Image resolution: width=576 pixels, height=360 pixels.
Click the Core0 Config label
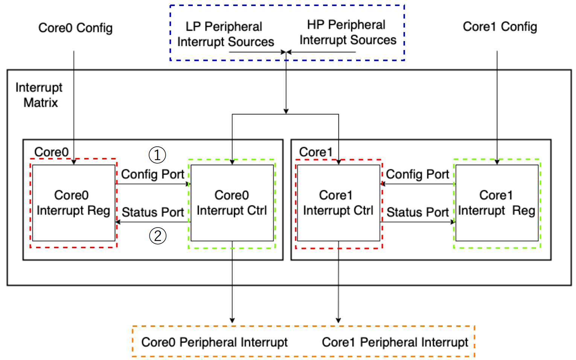pos(75,28)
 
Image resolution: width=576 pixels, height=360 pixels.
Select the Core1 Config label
pos(500,27)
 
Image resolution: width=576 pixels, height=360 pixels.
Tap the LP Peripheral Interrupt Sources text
pos(226,34)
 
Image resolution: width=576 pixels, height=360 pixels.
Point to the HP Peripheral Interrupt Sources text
pos(348,32)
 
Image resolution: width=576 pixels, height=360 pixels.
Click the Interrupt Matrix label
pos(39,95)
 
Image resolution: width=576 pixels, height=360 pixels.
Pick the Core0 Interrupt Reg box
pos(74,203)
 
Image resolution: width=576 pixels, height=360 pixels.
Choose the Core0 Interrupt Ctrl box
pos(232,203)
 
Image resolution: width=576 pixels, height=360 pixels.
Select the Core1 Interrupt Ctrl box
pos(339,203)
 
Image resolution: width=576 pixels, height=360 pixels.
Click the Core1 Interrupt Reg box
pos(497,203)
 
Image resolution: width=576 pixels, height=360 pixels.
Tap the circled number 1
pos(157,155)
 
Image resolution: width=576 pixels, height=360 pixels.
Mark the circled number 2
pos(158,236)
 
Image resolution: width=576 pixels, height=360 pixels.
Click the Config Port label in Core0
pos(153,175)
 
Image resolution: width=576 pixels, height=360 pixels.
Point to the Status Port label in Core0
pos(153,212)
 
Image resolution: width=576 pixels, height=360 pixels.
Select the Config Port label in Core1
pos(418,175)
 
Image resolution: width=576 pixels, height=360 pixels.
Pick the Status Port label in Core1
pos(418,212)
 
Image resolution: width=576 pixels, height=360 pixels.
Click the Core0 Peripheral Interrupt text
pos(215,342)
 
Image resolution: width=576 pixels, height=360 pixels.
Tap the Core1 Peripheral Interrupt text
pos(395,342)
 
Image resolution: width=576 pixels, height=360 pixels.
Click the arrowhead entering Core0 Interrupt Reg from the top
pos(74,162)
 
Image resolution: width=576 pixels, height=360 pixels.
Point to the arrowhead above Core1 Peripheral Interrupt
pos(338,321)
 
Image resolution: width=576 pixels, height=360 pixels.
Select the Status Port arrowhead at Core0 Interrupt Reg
pos(118,222)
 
